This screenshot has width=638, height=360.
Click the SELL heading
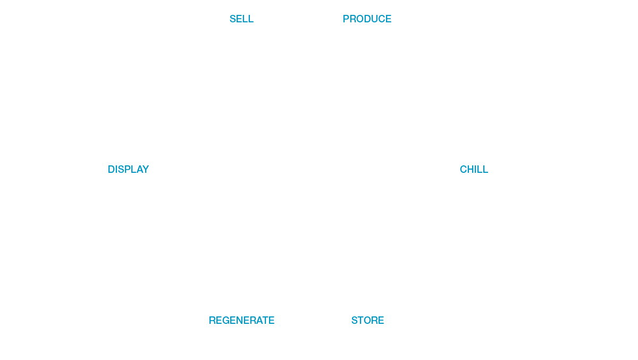pyautogui.click(x=241, y=19)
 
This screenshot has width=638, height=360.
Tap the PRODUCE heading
pyautogui.click(x=367, y=19)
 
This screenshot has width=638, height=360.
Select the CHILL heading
pyautogui.click(x=474, y=170)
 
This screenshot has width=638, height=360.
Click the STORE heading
pyautogui.click(x=367, y=321)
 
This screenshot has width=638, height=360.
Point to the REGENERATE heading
pyautogui.click(x=241, y=321)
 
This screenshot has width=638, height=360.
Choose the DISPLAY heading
pyautogui.click(x=128, y=170)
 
